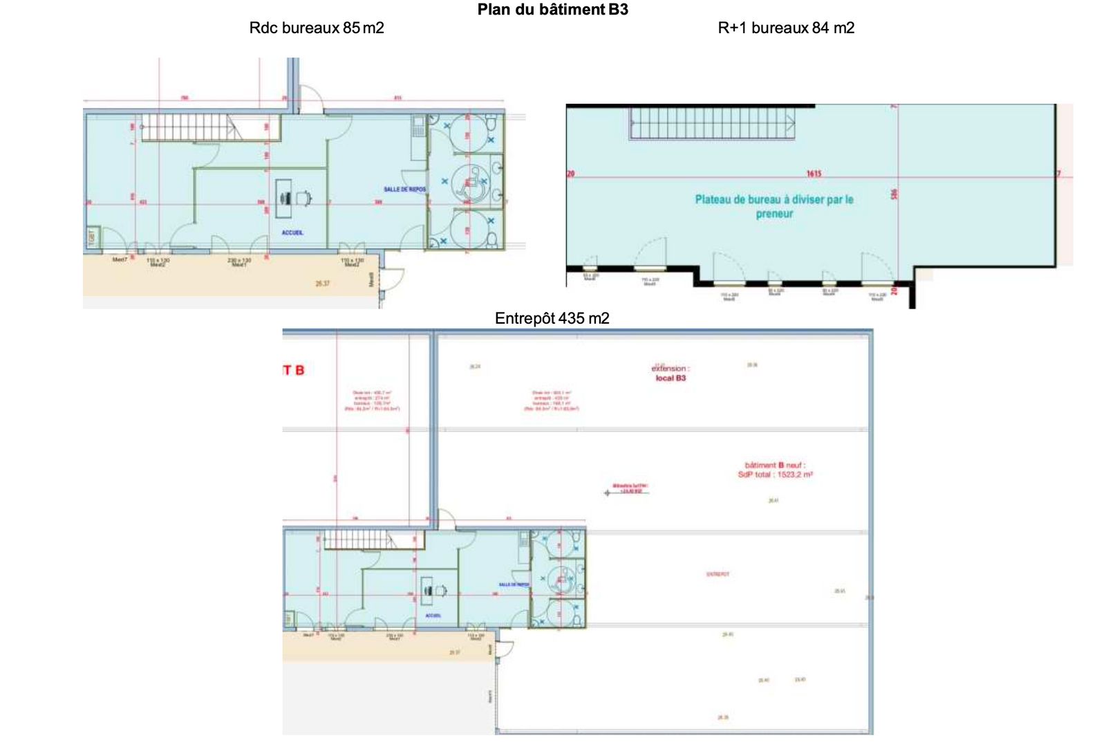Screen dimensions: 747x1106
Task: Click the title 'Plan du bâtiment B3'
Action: coord(552,10)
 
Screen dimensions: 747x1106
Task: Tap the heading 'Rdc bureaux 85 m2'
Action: coord(317,28)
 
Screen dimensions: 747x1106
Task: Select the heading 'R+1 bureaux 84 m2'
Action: coord(786,28)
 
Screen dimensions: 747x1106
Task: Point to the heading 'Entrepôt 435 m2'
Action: coord(552,319)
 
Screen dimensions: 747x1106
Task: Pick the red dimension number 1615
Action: coord(814,174)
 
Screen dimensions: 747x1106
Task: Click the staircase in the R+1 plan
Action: coord(712,124)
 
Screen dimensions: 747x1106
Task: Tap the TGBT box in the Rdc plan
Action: coord(93,237)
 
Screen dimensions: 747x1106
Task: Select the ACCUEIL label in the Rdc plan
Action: coord(292,233)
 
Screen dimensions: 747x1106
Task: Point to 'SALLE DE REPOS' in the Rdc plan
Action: coord(404,190)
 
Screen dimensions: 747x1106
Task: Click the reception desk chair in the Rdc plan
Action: coord(303,199)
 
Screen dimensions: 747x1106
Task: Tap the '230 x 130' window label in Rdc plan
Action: coord(239,261)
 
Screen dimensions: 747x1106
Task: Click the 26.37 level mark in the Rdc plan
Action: coord(322,284)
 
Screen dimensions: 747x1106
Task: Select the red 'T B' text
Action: coord(294,371)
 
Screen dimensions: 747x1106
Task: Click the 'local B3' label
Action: coord(671,378)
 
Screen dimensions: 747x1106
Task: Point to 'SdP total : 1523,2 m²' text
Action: coord(775,475)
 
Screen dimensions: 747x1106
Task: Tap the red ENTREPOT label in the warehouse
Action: coord(718,574)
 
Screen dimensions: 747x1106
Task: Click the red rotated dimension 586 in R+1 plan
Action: coord(894,194)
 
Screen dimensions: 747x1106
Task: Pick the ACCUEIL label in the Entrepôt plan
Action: coord(433,616)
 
